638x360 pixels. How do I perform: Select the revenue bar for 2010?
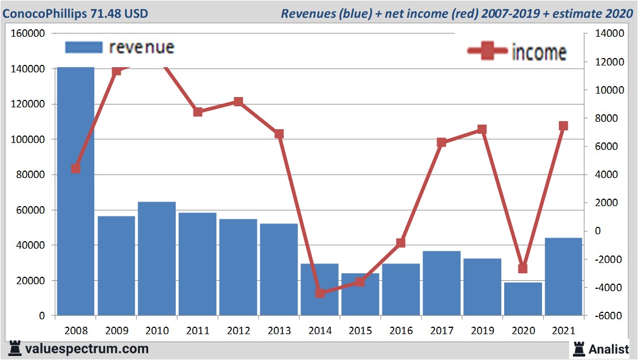click(x=157, y=258)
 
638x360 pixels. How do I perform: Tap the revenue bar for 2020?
click(x=523, y=299)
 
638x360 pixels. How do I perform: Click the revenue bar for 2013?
click(x=279, y=269)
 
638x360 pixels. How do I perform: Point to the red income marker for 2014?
click(x=320, y=293)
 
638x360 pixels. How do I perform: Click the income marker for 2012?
click(x=238, y=102)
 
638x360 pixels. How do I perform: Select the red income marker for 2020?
click(x=523, y=268)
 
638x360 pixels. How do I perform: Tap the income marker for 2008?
click(x=75, y=169)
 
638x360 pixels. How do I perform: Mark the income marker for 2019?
click(x=482, y=130)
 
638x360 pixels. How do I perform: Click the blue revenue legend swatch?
click(x=84, y=47)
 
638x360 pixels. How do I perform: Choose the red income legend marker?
click(x=487, y=52)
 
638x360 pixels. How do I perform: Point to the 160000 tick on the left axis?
click(x=28, y=34)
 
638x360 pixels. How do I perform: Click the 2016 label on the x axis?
click(x=401, y=331)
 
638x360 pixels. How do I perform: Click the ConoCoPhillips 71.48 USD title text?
click(x=75, y=13)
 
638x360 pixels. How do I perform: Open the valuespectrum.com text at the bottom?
click(x=86, y=349)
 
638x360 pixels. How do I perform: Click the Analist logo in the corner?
click(x=601, y=349)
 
